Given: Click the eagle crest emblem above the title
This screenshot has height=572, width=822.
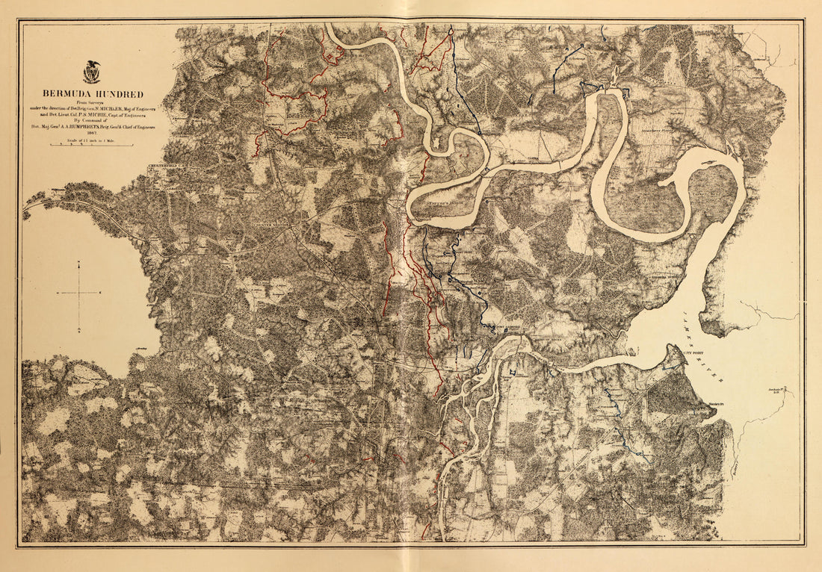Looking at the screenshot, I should (92, 72).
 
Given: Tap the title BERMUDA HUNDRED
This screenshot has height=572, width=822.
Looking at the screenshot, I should (93, 94).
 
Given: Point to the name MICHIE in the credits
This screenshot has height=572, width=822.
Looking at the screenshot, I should (97, 115).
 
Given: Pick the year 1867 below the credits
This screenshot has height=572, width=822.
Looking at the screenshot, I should (92, 133).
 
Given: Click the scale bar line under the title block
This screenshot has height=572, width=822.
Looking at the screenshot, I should (90, 145).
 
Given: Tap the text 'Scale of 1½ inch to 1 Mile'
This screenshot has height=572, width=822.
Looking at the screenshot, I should (90, 140).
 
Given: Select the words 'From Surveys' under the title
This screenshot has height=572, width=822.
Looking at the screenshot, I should (90, 102).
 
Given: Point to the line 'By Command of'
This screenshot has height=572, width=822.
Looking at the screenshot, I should (90, 120).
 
